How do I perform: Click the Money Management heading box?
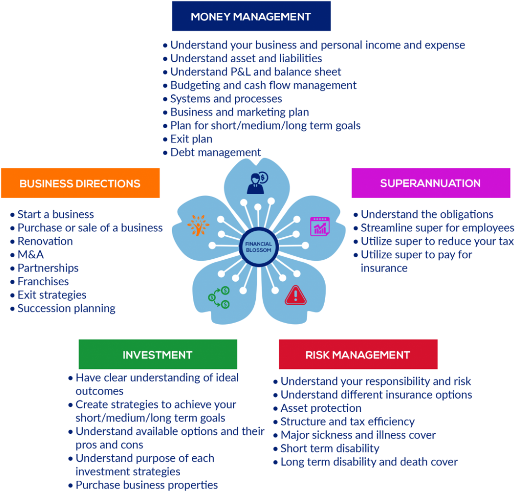(251, 16)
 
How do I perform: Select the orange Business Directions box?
(80, 183)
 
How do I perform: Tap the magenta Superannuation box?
(430, 183)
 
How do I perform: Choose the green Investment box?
(157, 354)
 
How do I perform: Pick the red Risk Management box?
(358, 354)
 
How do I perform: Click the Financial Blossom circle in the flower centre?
(259, 247)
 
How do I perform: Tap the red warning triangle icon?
(295, 295)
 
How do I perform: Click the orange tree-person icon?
(198, 226)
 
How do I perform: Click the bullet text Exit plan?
(191, 139)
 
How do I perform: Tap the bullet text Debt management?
(215, 152)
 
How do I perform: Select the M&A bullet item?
(31, 255)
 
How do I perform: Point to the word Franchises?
(43, 281)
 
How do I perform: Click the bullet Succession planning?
(66, 308)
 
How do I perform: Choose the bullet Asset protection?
(321, 408)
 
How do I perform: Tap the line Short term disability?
(330, 449)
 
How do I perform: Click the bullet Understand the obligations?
(427, 214)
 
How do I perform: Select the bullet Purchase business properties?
(146, 485)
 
